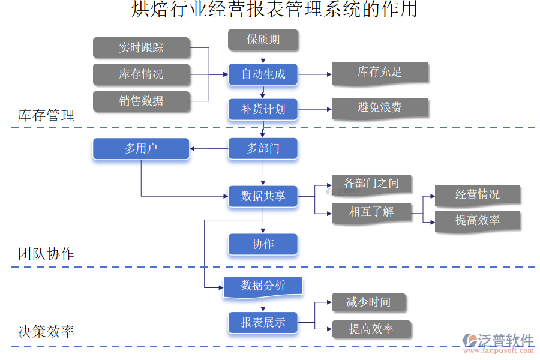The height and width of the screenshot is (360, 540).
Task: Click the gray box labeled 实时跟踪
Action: pyautogui.click(x=141, y=48)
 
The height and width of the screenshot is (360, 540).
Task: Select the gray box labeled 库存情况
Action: pyautogui.click(x=141, y=74)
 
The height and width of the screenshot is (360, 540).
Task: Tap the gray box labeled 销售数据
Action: pyautogui.click(x=141, y=101)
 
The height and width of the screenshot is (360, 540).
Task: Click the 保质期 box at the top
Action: pyautogui.click(x=263, y=40)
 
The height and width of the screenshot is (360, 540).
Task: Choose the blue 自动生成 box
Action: pyautogui.click(x=263, y=74)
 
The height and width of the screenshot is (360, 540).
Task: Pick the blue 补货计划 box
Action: pyautogui.click(x=263, y=109)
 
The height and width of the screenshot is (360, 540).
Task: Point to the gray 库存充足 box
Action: pyautogui.click(x=379, y=73)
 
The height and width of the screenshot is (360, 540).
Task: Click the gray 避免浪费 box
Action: pyautogui.click(x=379, y=108)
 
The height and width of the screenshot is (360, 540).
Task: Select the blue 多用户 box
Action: pyautogui.click(x=141, y=148)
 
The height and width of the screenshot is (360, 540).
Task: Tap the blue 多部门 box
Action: pyautogui.click(x=263, y=148)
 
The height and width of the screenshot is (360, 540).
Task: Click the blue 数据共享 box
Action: pyautogui.click(x=263, y=196)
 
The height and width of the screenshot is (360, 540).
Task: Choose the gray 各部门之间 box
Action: pyautogui.click(x=371, y=184)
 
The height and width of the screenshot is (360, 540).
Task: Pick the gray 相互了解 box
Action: pyautogui.click(x=371, y=212)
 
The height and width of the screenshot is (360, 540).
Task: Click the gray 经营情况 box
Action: pyautogui.click(x=477, y=194)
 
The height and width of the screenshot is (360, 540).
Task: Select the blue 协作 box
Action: pyautogui.click(x=263, y=244)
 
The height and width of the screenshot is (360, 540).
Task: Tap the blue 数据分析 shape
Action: pyautogui.click(x=263, y=286)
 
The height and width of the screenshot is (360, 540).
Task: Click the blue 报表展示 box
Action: pyautogui.click(x=263, y=323)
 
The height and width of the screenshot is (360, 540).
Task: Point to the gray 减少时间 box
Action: pyautogui.click(x=368, y=303)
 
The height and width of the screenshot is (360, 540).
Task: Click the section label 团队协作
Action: pyautogui.click(x=46, y=254)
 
